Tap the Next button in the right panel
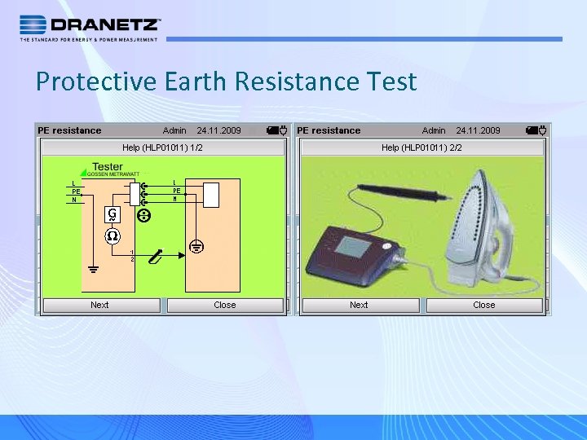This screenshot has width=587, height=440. click(359, 305)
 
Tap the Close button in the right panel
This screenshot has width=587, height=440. click(483, 305)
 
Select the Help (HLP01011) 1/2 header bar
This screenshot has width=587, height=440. click(163, 147)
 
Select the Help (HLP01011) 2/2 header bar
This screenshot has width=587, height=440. click(421, 147)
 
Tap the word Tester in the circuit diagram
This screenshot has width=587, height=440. click(108, 167)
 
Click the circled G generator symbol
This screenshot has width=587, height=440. click(111, 215)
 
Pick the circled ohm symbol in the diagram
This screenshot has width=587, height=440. click(111, 235)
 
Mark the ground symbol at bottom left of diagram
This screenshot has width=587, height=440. click(92, 269)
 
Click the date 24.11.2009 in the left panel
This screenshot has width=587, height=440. click(218, 130)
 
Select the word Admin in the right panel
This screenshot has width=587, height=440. click(434, 130)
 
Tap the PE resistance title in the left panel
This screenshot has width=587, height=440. click(69, 130)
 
